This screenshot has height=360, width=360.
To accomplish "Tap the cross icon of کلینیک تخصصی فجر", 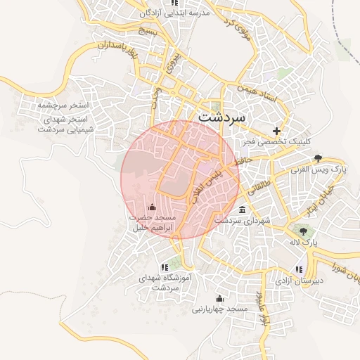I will pyautogui.click(x=277, y=131).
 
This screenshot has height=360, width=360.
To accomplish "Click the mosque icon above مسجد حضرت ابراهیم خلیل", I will pyautogui.click(x=153, y=207).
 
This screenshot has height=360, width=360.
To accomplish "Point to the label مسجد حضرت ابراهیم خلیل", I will pyautogui.click(x=152, y=224).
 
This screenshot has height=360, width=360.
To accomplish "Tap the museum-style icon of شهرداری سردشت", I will pyautogui.click(x=243, y=210).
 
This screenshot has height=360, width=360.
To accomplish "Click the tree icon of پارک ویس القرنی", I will pyautogui.click(x=319, y=158).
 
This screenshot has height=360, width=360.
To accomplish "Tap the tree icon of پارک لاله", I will pyautogui.click(x=304, y=230).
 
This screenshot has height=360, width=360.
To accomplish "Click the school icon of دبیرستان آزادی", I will pyautogui.click(x=300, y=268).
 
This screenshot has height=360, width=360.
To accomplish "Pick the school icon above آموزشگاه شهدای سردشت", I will pyautogui.click(x=165, y=266).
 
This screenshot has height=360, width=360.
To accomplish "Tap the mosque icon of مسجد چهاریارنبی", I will pyautogui.click(x=219, y=298).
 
